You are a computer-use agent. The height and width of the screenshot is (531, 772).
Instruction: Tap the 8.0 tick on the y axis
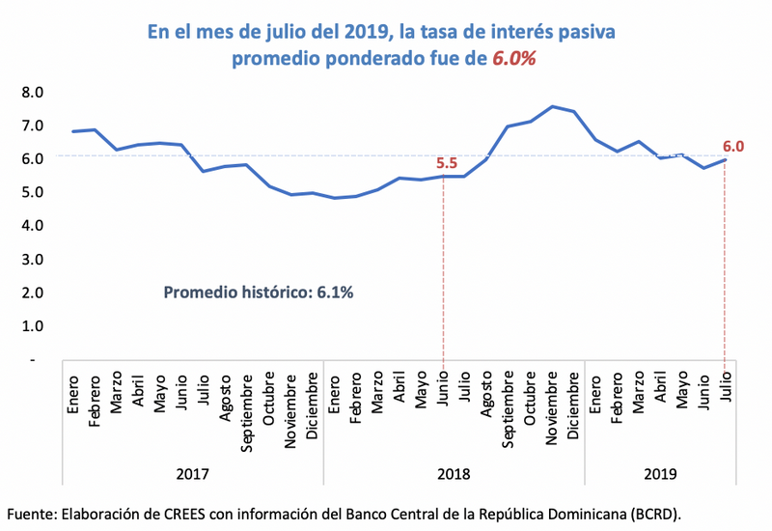coord(33,93)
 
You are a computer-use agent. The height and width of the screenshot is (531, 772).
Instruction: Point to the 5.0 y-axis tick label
coord(33,192)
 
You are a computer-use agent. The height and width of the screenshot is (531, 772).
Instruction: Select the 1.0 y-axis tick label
coord(33,325)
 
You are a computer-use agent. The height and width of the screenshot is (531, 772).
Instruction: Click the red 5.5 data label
coord(445,163)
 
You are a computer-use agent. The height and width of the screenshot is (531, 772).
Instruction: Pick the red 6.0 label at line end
coord(733,147)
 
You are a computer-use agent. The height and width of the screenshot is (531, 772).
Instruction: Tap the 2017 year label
coord(193,473)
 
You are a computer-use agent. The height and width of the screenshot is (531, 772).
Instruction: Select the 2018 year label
coord(454,473)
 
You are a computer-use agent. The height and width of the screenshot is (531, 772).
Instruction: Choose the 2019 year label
coord(659,473)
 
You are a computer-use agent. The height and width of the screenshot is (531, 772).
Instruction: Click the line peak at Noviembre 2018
coord(552,106)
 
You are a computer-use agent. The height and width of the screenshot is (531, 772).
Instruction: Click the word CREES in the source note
coord(160,513)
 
